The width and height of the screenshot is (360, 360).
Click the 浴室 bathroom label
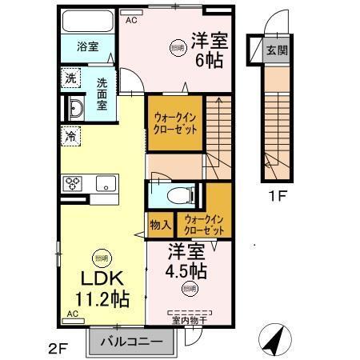[x=88, y=46]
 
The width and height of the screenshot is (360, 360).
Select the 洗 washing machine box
[x=70, y=78]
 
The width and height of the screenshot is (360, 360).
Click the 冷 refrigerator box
[x=70, y=135]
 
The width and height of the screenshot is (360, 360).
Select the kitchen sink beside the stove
[x=106, y=183]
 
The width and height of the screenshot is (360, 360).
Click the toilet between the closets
[x=178, y=194]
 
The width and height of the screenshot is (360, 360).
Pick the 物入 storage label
[x=158, y=224]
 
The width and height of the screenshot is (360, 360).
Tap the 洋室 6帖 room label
[x=206, y=50]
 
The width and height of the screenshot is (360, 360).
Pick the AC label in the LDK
[x=71, y=314]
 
